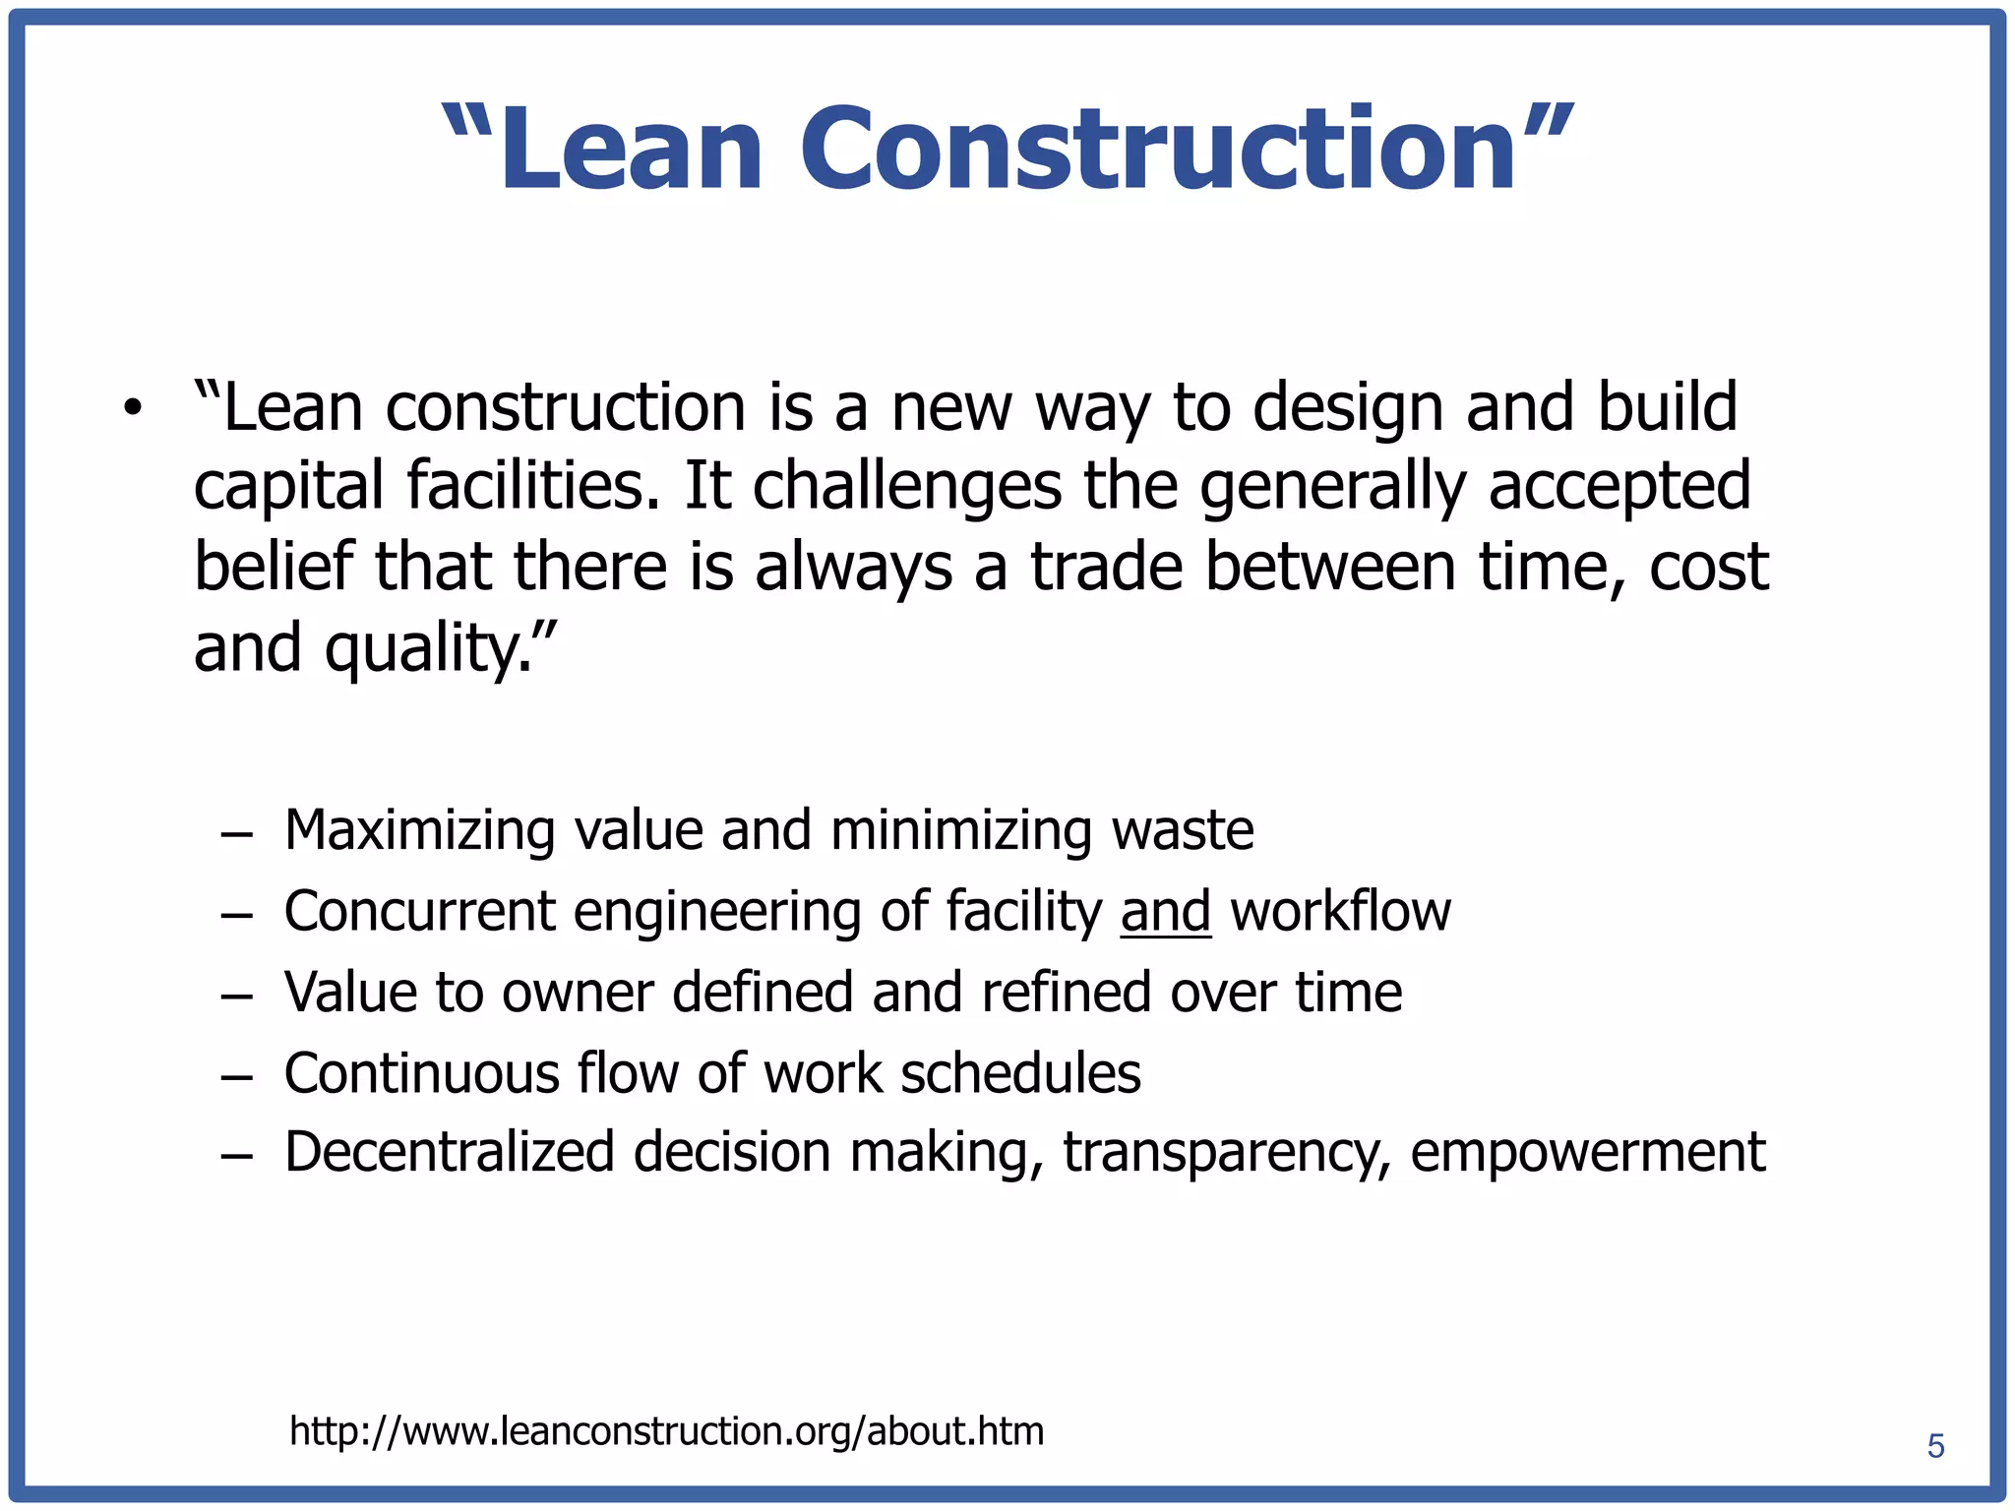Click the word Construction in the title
[x=1158, y=149]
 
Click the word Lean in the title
[x=631, y=149]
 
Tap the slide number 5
[x=1935, y=1446]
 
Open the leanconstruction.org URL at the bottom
[x=666, y=1431]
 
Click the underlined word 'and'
[x=1165, y=911]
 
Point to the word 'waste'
[x=1183, y=831]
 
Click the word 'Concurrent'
[x=420, y=911]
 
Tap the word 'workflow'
[x=1340, y=911]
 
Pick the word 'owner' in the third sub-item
[x=578, y=992]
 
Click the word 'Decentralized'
[x=450, y=1152]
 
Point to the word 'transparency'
[x=1226, y=1154]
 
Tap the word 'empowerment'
[x=1587, y=1154]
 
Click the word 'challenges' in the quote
[x=907, y=488]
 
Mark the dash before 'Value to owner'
[x=236, y=994]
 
